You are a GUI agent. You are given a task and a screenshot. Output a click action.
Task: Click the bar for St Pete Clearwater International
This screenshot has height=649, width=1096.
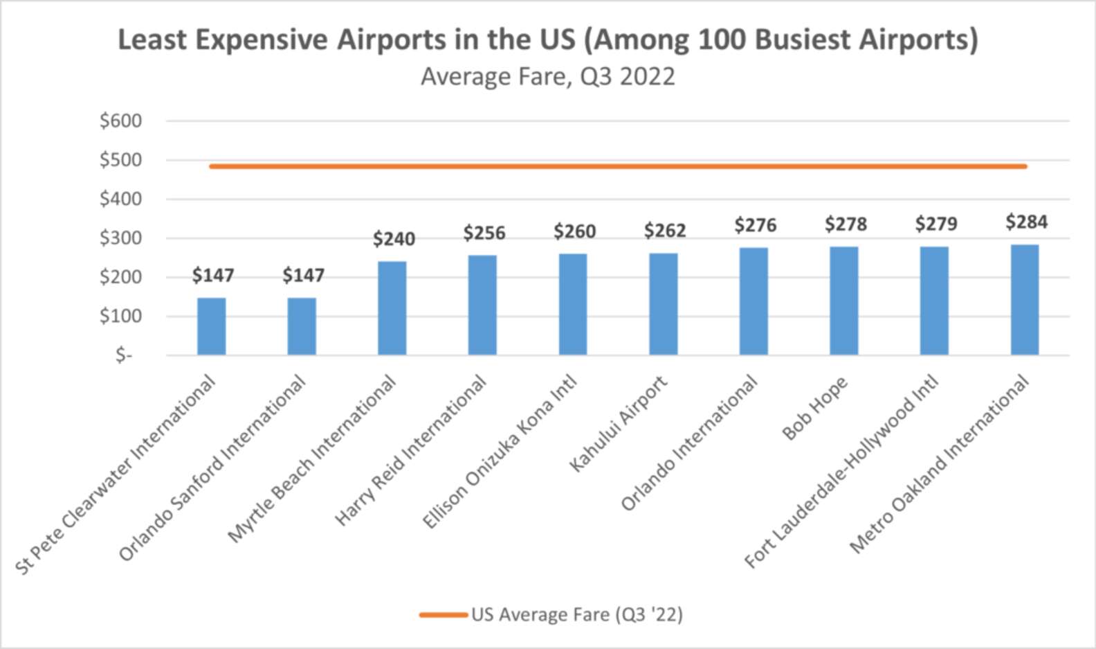click(211, 326)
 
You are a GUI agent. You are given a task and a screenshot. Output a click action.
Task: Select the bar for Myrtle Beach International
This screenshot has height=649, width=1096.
click(392, 308)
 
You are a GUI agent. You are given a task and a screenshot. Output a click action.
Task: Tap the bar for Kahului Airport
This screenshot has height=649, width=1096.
click(663, 304)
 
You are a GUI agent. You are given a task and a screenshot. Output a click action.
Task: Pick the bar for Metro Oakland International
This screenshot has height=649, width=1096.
click(1024, 300)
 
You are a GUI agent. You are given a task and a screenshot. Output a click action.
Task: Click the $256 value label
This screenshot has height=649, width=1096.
click(484, 233)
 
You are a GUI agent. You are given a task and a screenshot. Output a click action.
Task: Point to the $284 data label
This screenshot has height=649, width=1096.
click(1026, 222)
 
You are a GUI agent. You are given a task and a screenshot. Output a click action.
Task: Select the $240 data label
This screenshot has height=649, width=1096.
click(394, 239)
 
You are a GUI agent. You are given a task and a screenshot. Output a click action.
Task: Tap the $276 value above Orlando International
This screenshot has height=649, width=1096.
click(755, 225)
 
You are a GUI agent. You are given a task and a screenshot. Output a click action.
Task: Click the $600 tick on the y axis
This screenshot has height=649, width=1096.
click(120, 121)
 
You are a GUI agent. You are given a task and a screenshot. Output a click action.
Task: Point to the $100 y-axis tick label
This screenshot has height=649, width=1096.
click(120, 316)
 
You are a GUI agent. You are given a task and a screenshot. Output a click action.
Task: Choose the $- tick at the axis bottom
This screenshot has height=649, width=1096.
click(124, 355)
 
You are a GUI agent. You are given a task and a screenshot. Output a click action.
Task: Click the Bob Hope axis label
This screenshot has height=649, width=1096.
click(815, 409)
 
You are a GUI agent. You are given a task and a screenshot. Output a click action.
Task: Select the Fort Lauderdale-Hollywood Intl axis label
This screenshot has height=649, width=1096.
click(841, 472)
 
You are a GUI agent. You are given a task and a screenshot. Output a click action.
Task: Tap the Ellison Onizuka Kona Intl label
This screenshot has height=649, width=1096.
click(500, 453)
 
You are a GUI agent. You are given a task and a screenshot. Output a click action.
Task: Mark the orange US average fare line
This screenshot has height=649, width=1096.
click(617, 166)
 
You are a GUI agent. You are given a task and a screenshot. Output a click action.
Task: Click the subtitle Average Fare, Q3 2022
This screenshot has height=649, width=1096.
click(547, 76)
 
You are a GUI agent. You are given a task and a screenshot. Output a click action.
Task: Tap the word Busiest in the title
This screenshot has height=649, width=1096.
click(802, 39)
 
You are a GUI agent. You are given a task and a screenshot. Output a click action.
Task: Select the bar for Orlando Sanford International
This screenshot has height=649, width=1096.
click(302, 326)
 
